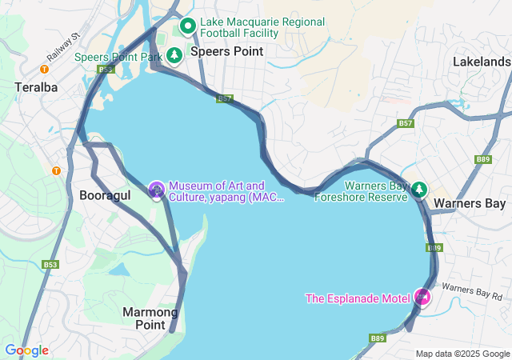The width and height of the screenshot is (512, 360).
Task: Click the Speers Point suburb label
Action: point(226,51)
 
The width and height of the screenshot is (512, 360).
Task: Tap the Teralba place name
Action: point(36,86)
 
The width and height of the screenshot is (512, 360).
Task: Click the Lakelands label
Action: point(481,61)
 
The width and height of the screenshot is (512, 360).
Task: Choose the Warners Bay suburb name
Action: point(469,203)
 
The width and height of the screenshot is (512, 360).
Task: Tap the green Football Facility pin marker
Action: point(188,26)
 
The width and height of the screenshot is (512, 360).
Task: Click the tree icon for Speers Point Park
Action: point(174,56)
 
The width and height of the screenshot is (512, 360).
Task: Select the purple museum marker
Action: point(156,190)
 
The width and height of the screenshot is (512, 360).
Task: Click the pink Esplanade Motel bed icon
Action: point(422,298)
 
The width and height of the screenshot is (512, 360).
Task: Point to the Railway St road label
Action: point(64,46)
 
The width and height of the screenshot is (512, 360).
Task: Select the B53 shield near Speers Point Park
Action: point(106,70)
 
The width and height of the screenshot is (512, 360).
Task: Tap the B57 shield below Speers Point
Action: point(225,98)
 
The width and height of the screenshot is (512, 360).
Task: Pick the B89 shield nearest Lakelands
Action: point(482,159)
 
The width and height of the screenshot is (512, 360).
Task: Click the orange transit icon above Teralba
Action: point(44,69)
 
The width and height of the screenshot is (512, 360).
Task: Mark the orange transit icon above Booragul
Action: point(56,170)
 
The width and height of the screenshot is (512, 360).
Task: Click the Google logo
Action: point(26,350)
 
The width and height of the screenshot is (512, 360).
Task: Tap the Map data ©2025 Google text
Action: point(462,354)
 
